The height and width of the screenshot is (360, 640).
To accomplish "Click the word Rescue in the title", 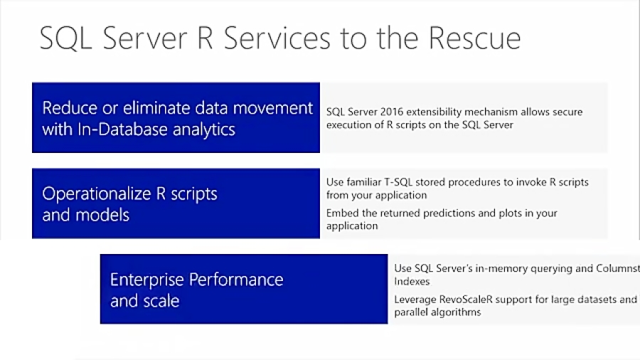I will point(471,38).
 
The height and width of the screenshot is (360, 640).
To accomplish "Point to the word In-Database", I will point(121,129).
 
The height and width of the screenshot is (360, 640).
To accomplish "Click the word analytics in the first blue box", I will point(203,129).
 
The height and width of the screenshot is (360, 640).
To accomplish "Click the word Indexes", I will point(412,282).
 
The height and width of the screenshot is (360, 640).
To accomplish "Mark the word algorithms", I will point(456,312).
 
